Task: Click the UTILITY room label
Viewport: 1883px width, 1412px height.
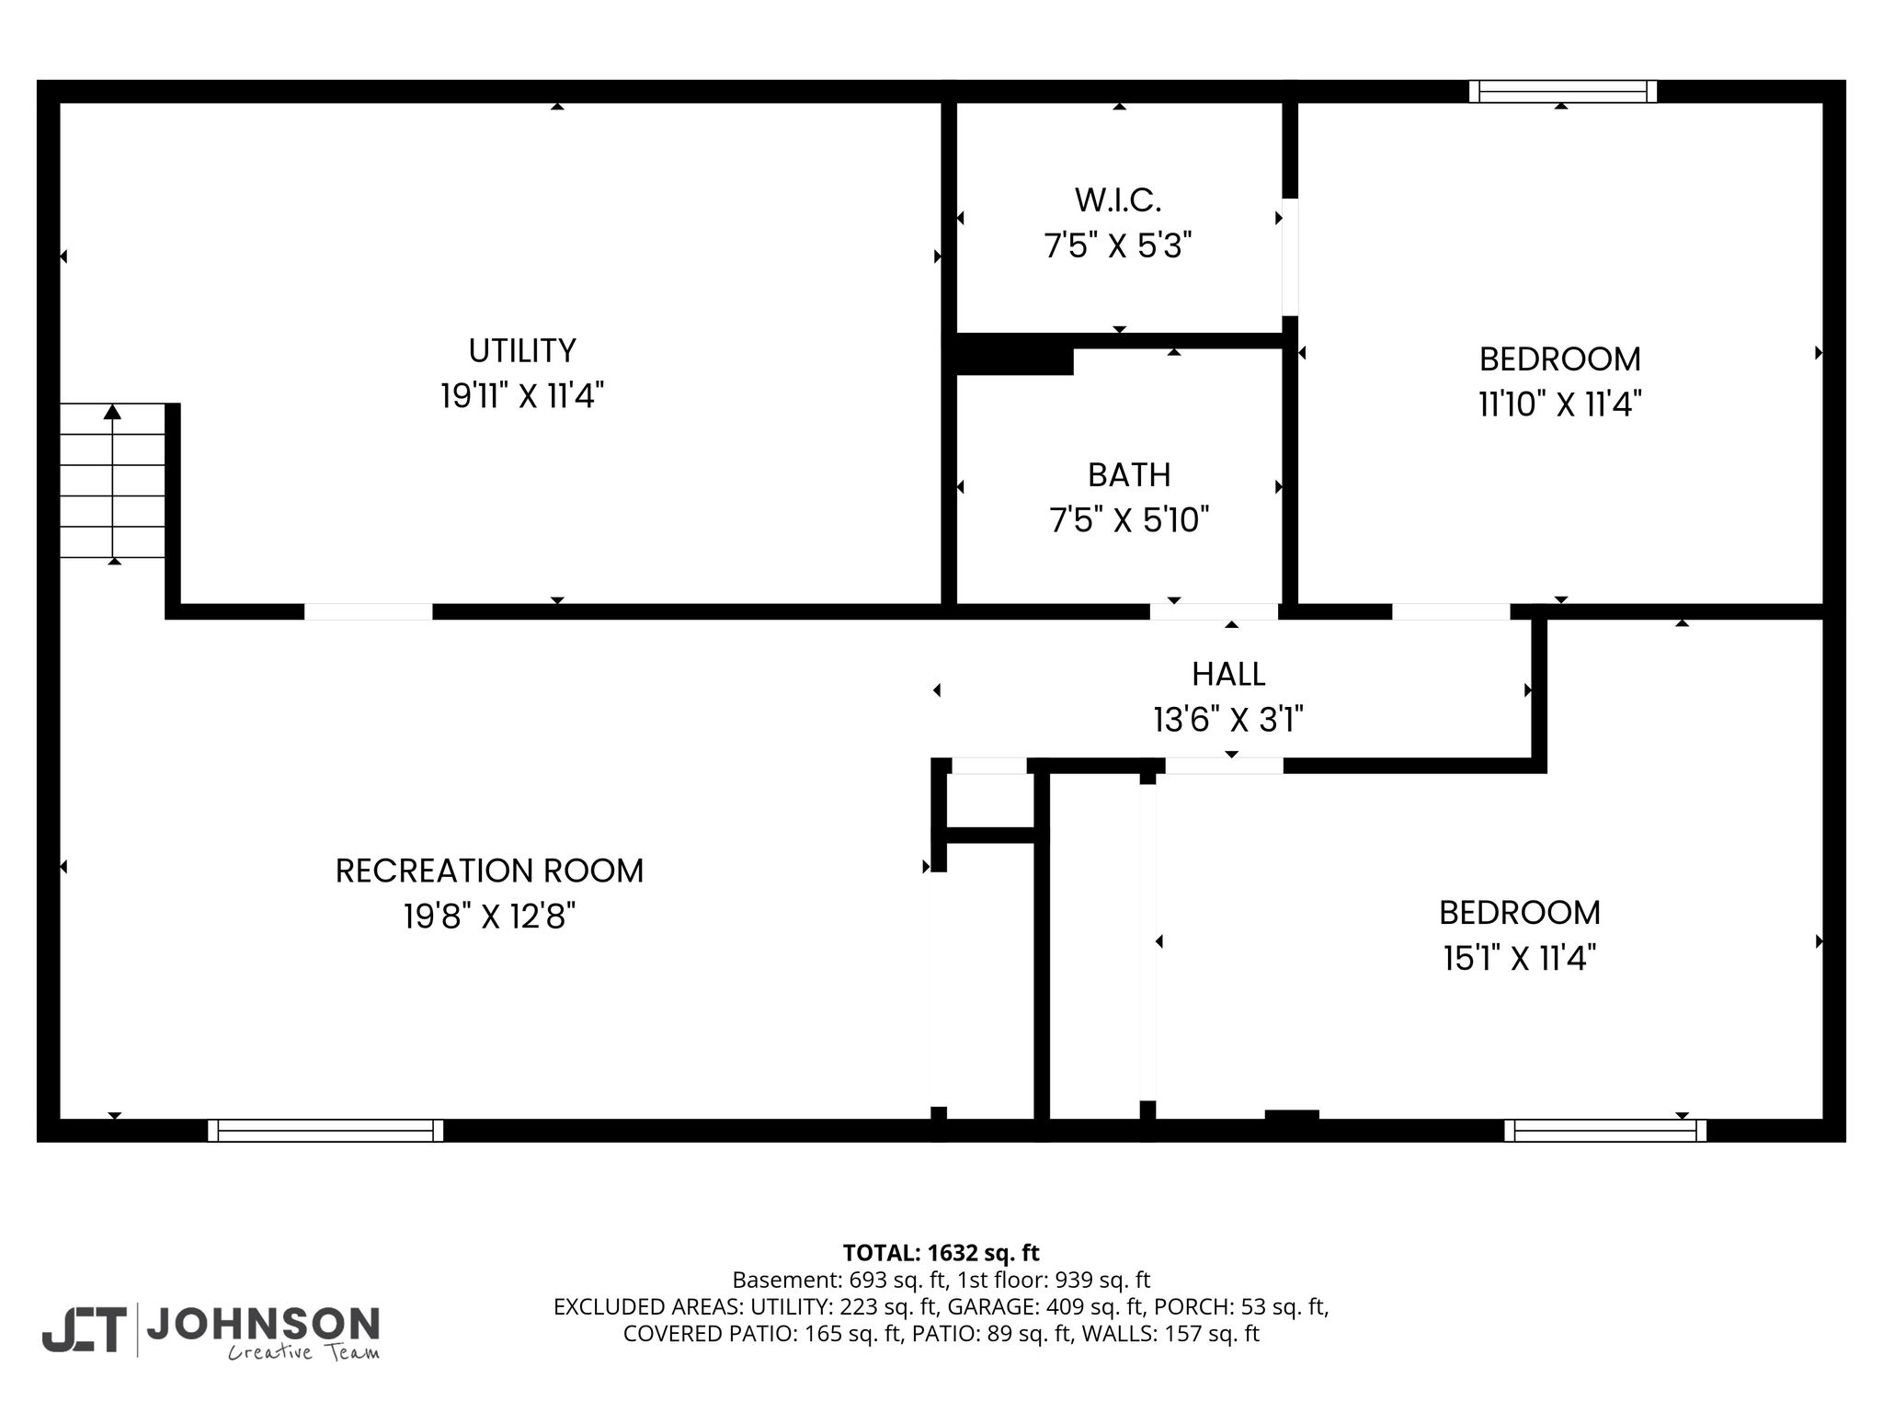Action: [x=522, y=350]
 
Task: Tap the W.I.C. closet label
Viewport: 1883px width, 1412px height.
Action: [x=1118, y=199]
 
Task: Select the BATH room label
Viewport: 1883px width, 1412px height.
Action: [x=1129, y=474]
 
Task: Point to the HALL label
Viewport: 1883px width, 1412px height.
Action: [x=1228, y=674]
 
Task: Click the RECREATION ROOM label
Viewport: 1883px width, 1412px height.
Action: [x=489, y=871]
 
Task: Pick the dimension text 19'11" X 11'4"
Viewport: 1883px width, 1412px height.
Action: [x=522, y=396]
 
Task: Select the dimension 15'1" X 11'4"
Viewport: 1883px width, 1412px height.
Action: [x=1520, y=959]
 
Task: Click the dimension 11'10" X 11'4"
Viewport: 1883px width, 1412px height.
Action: [x=1560, y=404]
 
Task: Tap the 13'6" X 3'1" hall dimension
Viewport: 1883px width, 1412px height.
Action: [x=1228, y=719]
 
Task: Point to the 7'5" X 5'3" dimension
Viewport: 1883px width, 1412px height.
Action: [x=1118, y=245]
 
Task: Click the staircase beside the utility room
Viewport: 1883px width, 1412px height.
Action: [x=112, y=481]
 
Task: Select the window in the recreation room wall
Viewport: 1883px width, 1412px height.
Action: [x=325, y=1130]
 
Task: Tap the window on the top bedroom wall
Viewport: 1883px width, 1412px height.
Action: [x=1562, y=91]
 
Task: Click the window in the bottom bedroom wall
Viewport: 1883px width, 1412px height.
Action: [x=1605, y=1130]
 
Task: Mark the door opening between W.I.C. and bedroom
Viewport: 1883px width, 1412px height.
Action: [x=1290, y=257]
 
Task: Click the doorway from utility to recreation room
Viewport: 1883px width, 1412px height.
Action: [x=368, y=611]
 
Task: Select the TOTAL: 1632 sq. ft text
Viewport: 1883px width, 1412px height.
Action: [x=941, y=1253]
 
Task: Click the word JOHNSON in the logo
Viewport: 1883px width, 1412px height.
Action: [x=263, y=1324]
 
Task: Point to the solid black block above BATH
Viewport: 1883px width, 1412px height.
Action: [x=1015, y=354]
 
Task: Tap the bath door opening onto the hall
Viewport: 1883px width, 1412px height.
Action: [x=1214, y=611]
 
